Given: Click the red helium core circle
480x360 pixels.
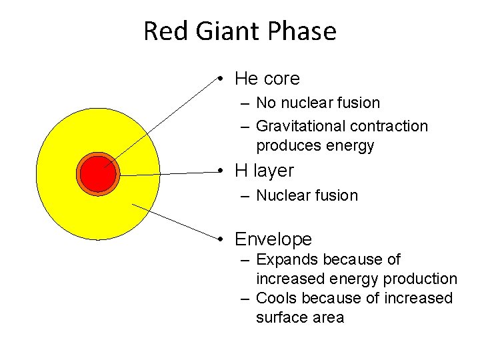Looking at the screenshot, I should [98, 174].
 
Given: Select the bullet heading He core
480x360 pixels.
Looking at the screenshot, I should [267, 79].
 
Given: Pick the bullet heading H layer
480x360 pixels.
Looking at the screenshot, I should [264, 171].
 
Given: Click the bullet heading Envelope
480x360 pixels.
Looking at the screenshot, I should [273, 239].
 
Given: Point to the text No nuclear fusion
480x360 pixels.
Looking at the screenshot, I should [318, 103].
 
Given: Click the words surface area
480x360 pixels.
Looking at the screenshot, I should [299, 317].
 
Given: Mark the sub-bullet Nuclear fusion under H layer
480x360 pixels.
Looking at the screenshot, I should [307, 195].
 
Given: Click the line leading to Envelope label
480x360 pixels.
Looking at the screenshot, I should [173, 221].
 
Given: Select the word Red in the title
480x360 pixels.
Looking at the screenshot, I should [160, 31].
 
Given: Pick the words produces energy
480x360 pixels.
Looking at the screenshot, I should [315, 145].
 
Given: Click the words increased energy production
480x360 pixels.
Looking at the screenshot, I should [356, 279].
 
